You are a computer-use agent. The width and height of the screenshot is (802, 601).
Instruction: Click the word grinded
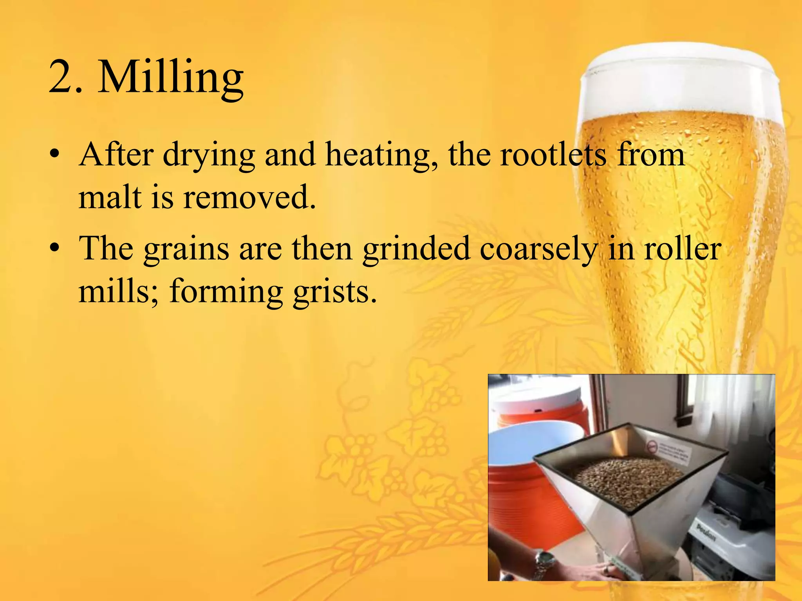(x=416, y=249)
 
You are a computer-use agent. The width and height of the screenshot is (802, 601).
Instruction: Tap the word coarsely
(x=538, y=249)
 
